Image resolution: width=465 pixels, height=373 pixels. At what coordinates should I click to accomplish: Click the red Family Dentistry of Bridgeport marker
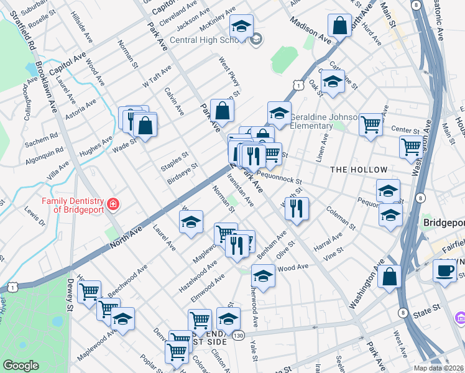113,204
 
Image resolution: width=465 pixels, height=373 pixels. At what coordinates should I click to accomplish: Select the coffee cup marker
444,271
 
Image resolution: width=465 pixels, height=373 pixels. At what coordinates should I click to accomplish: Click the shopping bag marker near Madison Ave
339,27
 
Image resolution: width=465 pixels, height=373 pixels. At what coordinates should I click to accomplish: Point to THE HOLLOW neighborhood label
359,170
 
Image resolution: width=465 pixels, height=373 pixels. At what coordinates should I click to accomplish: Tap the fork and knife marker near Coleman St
297,209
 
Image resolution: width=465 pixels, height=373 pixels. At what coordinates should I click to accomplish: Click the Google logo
21,366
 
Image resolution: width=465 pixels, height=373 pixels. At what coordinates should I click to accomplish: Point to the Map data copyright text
438,368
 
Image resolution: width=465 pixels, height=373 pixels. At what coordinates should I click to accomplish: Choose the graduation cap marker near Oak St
333,82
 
